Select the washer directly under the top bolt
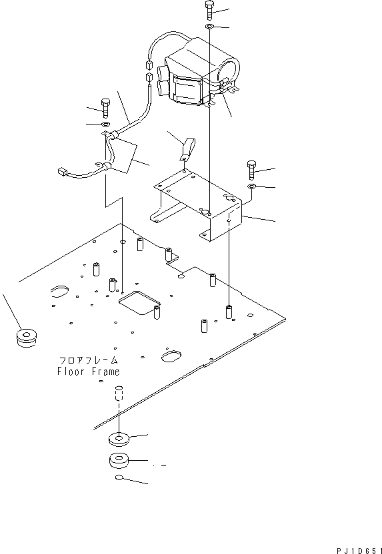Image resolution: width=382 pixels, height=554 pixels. (209, 27)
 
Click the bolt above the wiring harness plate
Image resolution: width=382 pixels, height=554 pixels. (105, 106)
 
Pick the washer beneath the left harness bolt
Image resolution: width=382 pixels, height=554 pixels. (105, 124)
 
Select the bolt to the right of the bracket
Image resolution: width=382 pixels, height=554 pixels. (252, 168)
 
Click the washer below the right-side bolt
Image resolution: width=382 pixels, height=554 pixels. (252, 188)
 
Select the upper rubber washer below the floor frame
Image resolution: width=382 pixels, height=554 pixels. (117, 439)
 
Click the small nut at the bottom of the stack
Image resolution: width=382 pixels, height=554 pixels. (117, 479)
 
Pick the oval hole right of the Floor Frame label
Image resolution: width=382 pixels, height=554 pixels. (171, 356)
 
